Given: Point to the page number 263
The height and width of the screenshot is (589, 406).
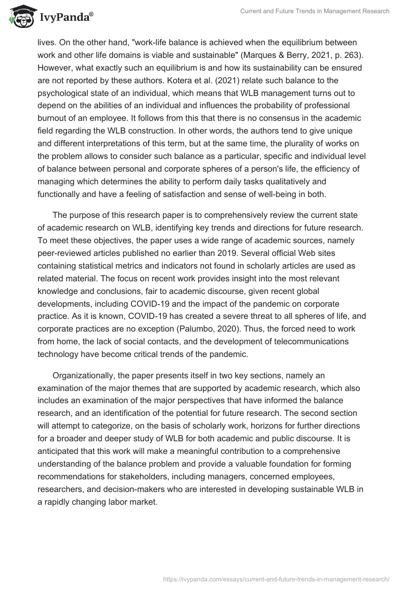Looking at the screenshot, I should pyautogui.click(x=324, y=54).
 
